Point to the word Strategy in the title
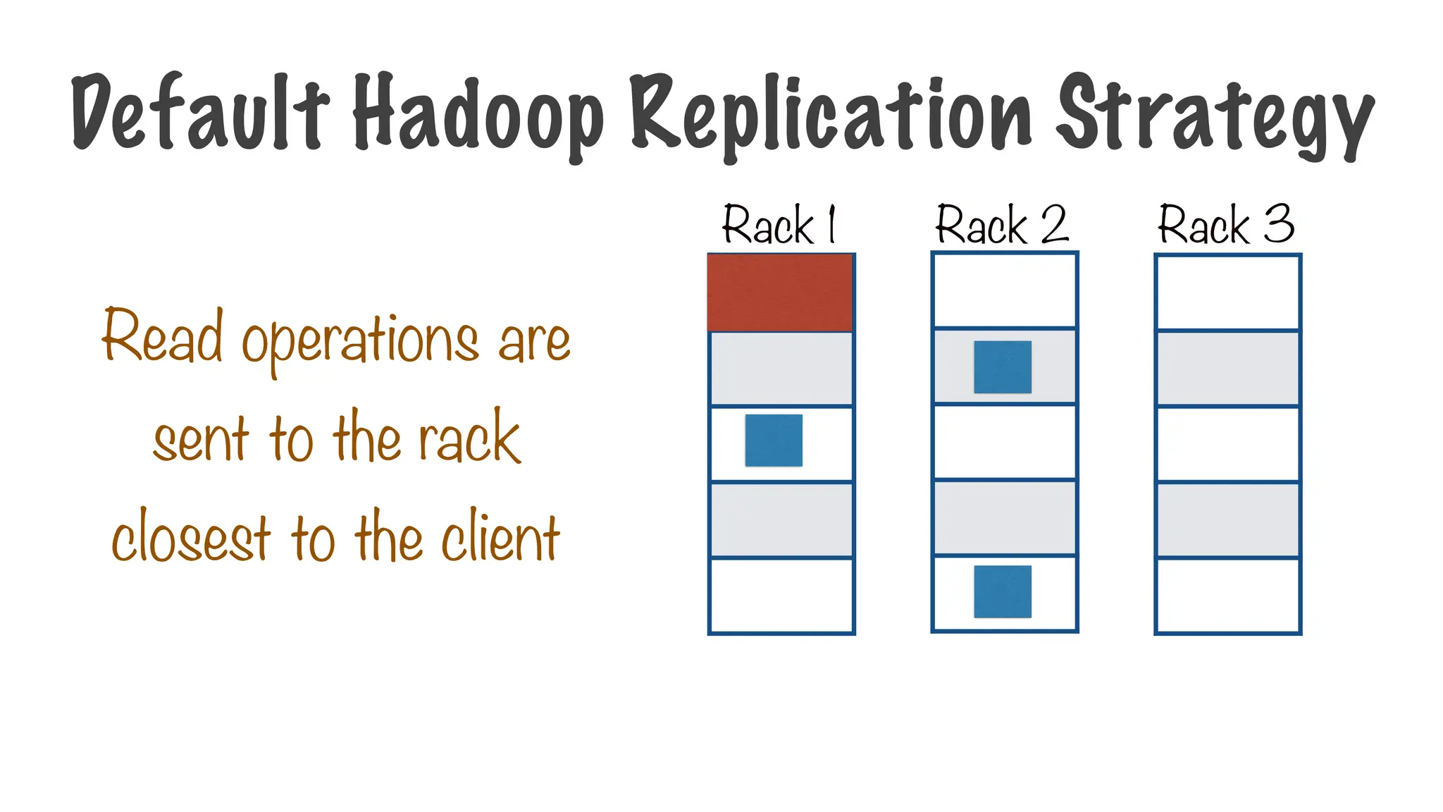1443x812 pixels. [1215, 116]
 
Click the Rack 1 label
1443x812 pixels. [779, 226]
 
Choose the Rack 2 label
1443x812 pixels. [1002, 226]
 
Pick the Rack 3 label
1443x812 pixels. [1226, 226]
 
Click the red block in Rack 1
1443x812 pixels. [781, 293]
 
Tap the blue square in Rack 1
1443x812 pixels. [774, 441]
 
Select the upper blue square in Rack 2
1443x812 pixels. [1003, 367]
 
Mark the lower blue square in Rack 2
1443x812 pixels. [1003, 591]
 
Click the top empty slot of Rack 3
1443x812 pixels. [1227, 293]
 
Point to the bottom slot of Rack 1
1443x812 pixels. [781, 596]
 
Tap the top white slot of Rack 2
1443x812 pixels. [1004, 290]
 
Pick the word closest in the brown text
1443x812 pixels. [191, 538]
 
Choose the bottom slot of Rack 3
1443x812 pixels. [1227, 596]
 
